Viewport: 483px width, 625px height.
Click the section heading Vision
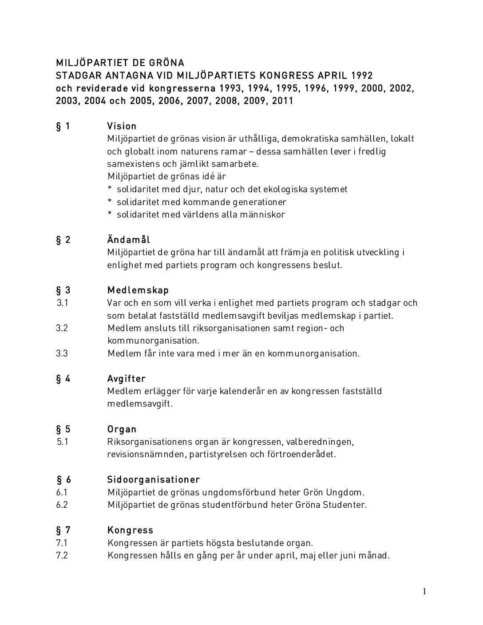pos(122,126)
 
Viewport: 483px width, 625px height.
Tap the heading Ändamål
pos(128,240)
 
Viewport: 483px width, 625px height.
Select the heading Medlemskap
pos(138,290)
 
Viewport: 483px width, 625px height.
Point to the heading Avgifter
pos(126,379)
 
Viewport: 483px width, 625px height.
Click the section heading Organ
pos(122,429)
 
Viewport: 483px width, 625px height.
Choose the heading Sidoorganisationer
pos(153,479)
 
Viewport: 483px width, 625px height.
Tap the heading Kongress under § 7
pos(130,530)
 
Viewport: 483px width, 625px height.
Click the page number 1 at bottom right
pos(424,591)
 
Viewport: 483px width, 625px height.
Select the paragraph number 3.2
pos(62,328)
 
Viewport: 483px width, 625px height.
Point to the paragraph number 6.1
pos(62,492)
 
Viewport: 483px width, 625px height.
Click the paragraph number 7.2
pos(62,555)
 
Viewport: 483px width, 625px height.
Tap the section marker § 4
pos(63,379)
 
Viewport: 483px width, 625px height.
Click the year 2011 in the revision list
pos(282,100)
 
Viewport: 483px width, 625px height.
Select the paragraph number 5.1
pos(62,442)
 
